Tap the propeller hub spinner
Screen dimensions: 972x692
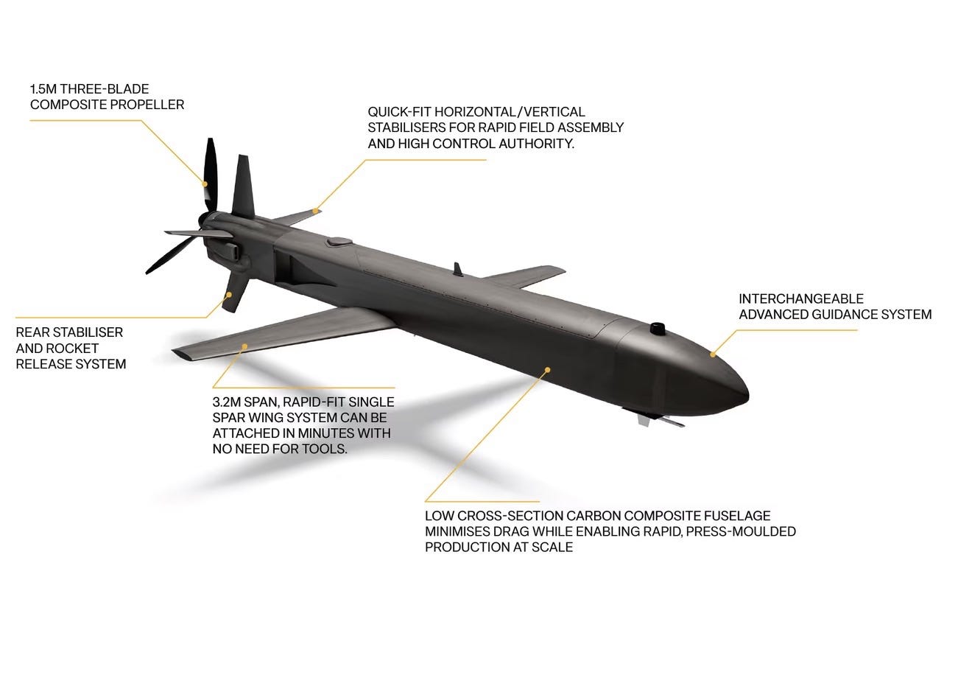point(205,220)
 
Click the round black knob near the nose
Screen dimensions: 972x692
point(658,327)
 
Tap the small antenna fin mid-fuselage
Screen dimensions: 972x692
point(458,270)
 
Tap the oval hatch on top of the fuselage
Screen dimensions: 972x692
point(339,240)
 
